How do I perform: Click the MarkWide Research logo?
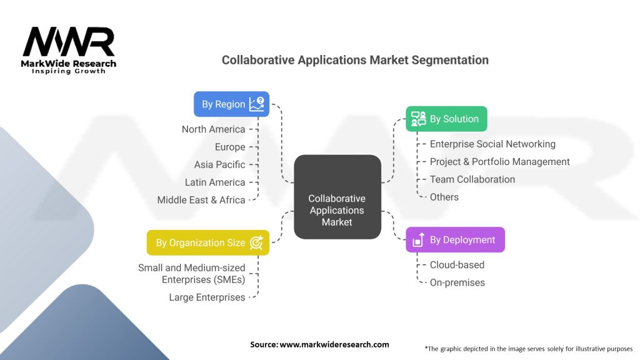pyautogui.click(x=69, y=50)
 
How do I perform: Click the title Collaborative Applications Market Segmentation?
pyautogui.click(x=355, y=61)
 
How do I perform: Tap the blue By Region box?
pyautogui.click(x=231, y=104)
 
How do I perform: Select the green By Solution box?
pyautogui.click(x=446, y=119)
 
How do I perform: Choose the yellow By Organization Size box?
pyautogui.click(x=208, y=242)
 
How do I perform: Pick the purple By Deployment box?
pyautogui.click(x=455, y=240)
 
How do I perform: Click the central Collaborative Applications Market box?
pyautogui.click(x=337, y=210)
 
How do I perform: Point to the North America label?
pyautogui.click(x=213, y=129)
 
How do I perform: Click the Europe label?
pyautogui.click(x=229, y=147)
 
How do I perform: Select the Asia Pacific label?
pyautogui.click(x=219, y=164)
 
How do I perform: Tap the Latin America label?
pyautogui.click(x=215, y=182)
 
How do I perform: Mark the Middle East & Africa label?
pyautogui.click(x=201, y=200)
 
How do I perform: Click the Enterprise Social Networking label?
pyautogui.click(x=492, y=144)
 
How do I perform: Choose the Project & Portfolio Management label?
pyautogui.click(x=499, y=162)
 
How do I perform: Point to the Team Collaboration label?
pyautogui.click(x=472, y=179)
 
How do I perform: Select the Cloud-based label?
pyautogui.click(x=457, y=265)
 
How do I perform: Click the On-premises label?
pyautogui.click(x=457, y=282)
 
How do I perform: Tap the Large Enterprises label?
pyautogui.click(x=207, y=297)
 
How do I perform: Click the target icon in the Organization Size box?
pyautogui.click(x=256, y=242)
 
